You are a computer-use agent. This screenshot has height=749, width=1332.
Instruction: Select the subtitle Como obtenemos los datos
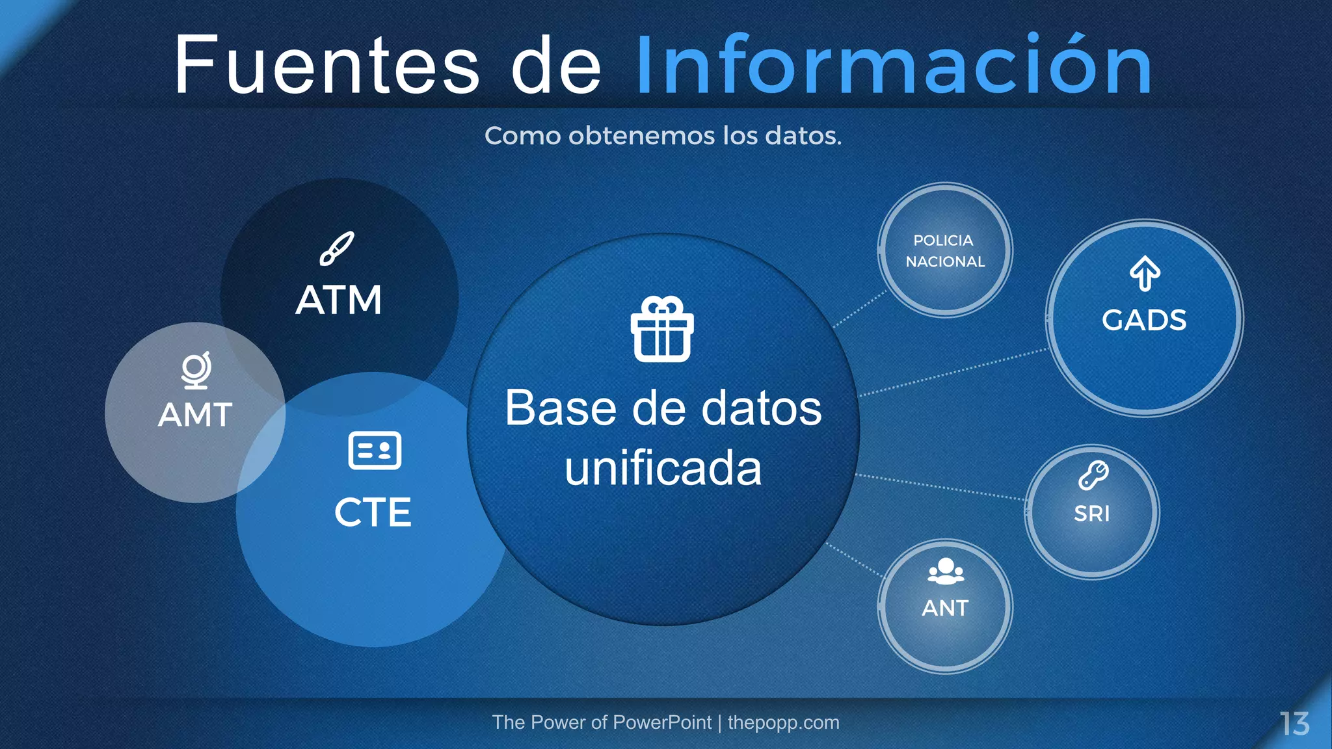tap(663, 136)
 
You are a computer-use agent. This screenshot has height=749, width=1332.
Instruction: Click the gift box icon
tap(662, 329)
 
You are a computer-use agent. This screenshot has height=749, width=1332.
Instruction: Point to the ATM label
tap(339, 300)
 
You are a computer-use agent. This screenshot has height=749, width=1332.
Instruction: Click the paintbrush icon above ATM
tap(337, 248)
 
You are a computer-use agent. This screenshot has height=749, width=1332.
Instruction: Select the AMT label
tap(195, 415)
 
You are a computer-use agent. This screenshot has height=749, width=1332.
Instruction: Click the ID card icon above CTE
tap(375, 450)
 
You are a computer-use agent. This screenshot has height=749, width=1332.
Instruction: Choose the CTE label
tap(373, 512)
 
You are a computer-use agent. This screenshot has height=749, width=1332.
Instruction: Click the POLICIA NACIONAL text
tap(945, 251)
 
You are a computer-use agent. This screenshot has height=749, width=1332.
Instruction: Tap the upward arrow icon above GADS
tap(1145, 273)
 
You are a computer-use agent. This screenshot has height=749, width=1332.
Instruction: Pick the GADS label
tap(1144, 320)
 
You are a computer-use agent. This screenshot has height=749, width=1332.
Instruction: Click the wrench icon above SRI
tap(1093, 475)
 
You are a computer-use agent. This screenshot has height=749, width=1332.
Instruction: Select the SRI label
tap(1092, 514)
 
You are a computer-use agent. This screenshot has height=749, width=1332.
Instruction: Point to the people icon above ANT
tap(946, 571)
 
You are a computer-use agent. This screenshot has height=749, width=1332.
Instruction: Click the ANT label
tap(945, 608)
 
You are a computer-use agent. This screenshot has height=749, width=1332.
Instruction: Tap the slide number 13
tap(1294, 724)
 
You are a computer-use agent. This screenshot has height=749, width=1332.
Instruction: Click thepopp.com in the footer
tap(783, 722)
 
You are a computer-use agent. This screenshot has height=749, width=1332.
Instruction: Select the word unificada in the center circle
tap(663, 468)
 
